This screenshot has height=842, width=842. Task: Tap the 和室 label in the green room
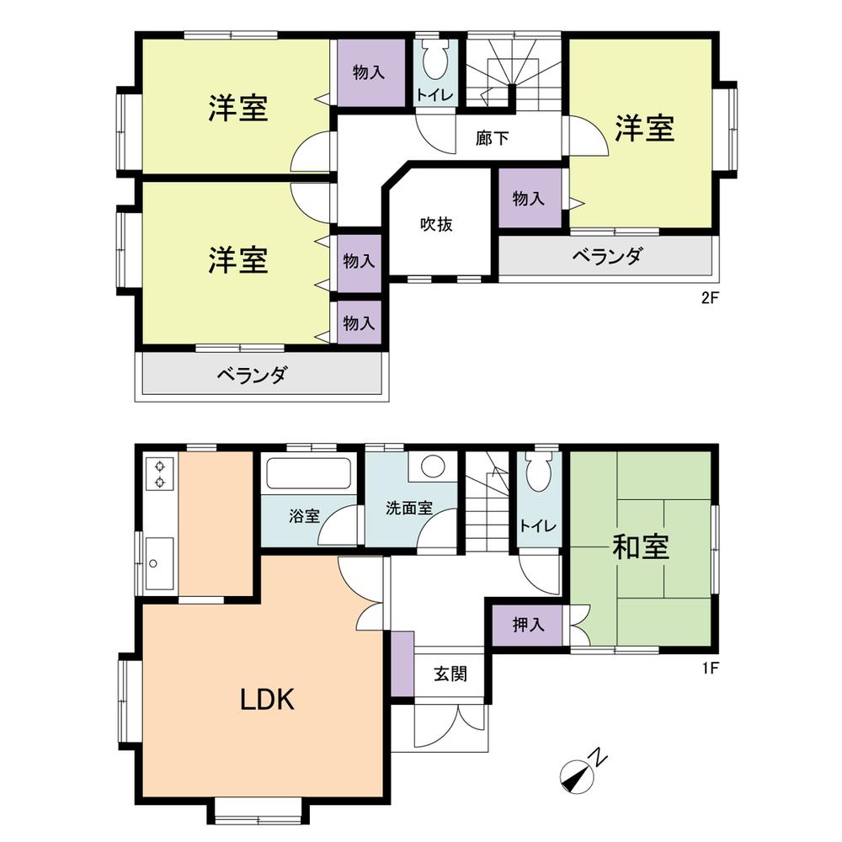point(641,548)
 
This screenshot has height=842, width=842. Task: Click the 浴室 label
point(306,515)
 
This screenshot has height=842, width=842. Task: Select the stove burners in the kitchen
point(158,473)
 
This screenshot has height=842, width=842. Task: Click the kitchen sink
point(157,562)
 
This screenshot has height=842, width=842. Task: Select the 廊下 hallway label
point(492,138)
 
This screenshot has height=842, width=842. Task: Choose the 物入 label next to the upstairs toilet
point(369,72)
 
